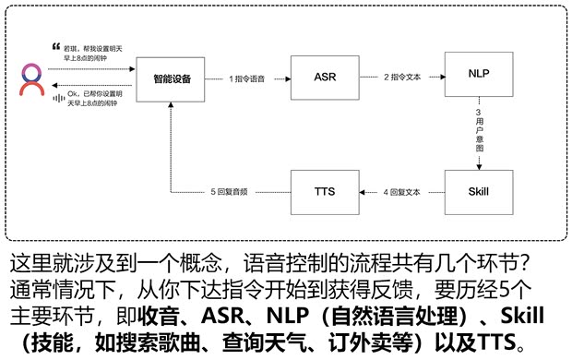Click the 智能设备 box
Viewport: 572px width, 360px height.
[172, 78]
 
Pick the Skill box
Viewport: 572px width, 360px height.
[478, 192]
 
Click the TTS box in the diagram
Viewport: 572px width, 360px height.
[323, 192]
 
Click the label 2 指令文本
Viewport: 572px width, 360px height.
[401, 78]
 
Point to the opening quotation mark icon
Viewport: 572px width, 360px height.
[57, 45]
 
